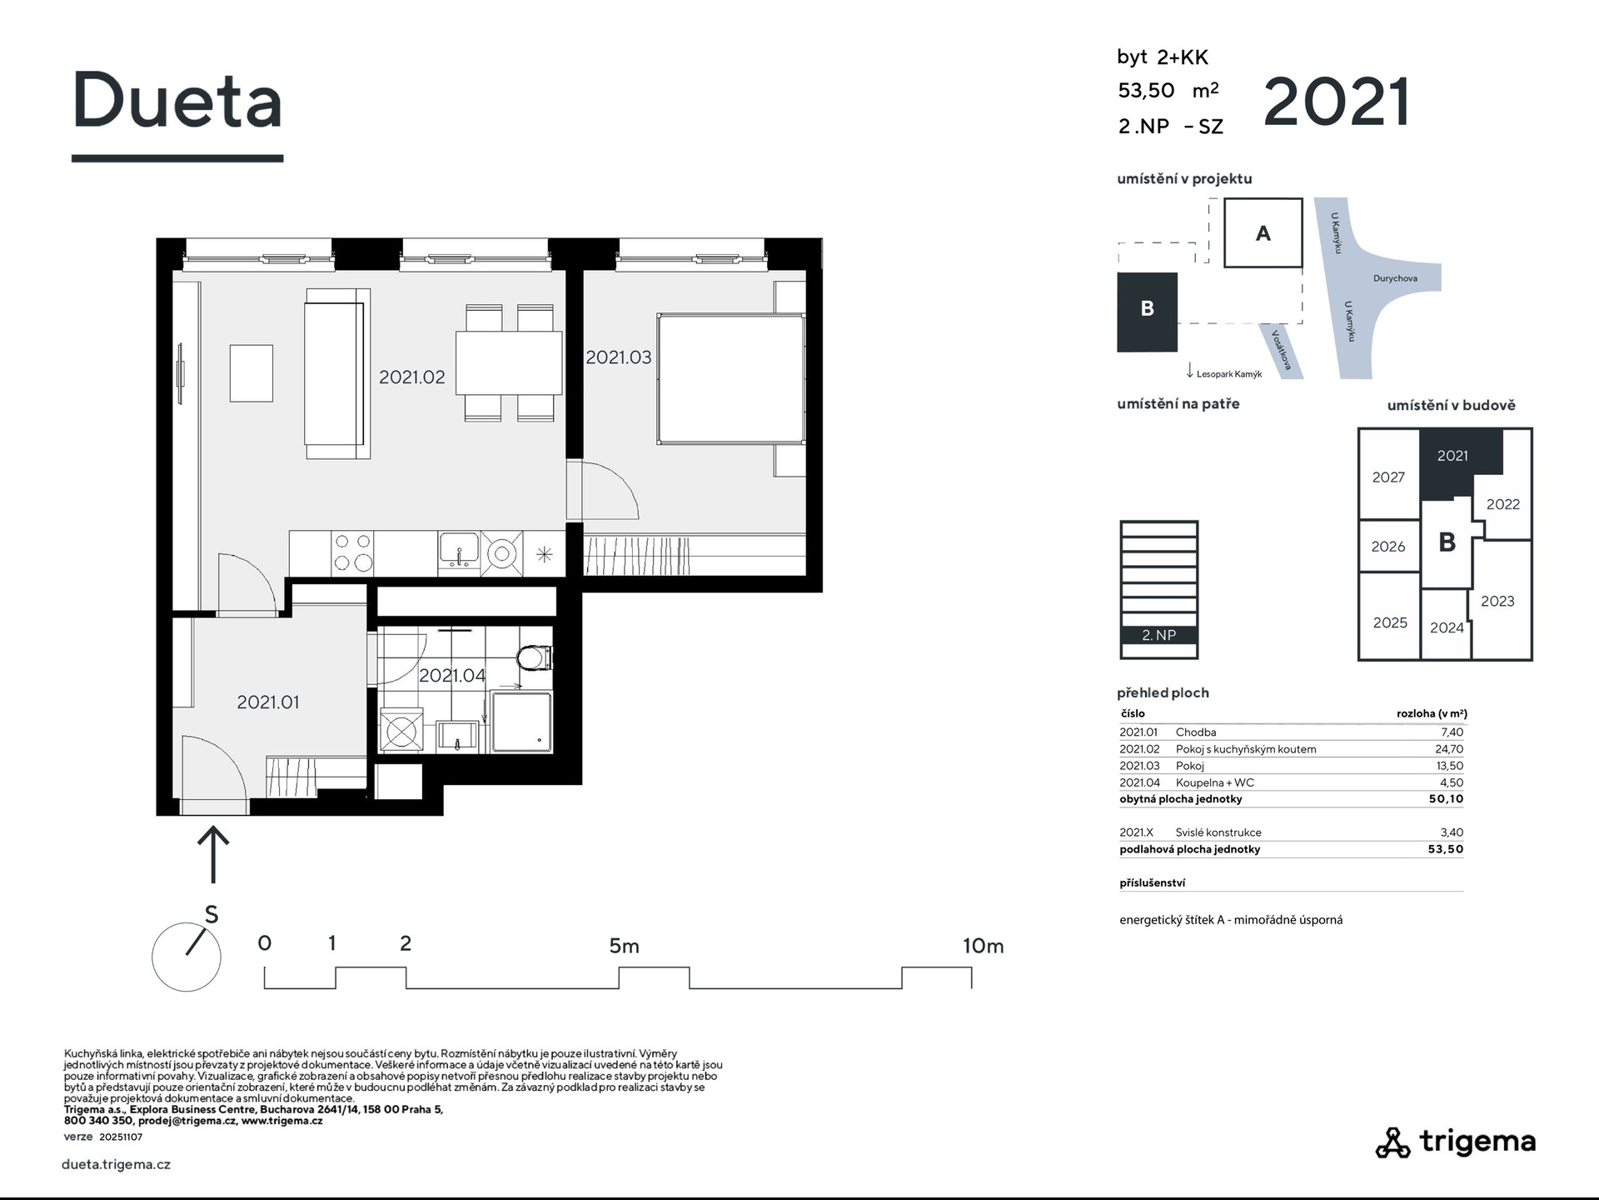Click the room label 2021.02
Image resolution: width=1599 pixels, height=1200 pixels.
[412, 377]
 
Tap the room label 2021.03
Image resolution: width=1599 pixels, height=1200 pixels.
[618, 357]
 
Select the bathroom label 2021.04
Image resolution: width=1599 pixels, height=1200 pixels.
[452, 675]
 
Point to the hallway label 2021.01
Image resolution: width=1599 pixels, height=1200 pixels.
[267, 702]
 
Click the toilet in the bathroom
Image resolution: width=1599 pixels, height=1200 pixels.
[535, 658]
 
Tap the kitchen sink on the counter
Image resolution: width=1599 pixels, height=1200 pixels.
[458, 550]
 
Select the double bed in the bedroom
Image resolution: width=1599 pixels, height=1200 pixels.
[731, 378]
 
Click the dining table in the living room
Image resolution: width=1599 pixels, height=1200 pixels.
[509, 362]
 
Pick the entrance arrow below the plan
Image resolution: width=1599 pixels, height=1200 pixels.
[213, 853]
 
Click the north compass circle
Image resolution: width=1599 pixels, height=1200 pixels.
[187, 957]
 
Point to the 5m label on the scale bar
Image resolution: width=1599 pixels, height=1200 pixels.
[624, 946]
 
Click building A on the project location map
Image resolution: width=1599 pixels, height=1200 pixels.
[1263, 232]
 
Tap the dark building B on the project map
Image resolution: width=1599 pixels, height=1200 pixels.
[1147, 312]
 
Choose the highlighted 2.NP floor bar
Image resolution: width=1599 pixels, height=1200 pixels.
[1158, 635]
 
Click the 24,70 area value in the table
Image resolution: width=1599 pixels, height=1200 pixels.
[1449, 749]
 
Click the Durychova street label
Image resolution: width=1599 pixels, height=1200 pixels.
[1395, 278]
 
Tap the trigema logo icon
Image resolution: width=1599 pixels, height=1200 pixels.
[1392, 1142]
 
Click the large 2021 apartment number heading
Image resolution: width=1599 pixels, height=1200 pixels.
[1337, 102]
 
